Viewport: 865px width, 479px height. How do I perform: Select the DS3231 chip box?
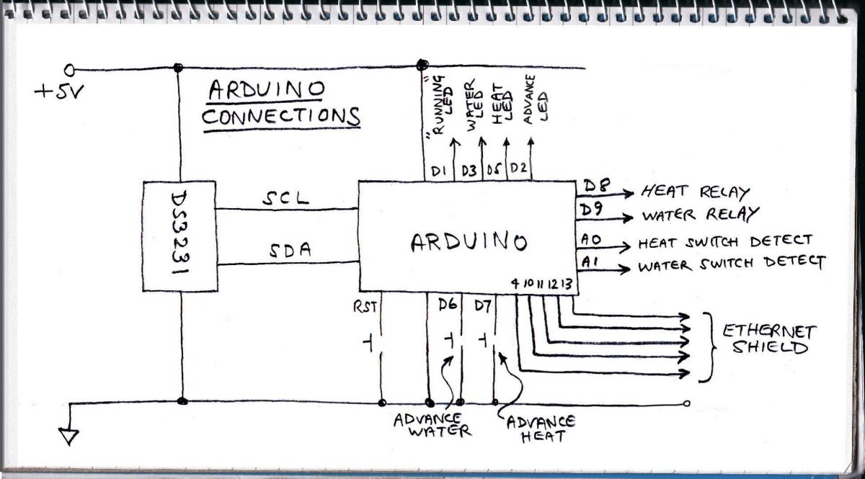coord(180,236)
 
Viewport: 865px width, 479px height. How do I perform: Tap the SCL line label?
coord(285,200)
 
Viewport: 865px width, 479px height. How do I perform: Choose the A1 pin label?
coord(587,263)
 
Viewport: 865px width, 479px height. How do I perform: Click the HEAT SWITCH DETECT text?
coord(724,241)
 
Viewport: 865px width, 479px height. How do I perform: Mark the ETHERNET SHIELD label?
coord(769,339)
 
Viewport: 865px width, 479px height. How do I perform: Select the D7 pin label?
coord(482,305)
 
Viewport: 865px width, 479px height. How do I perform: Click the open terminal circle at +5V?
coord(70,69)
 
